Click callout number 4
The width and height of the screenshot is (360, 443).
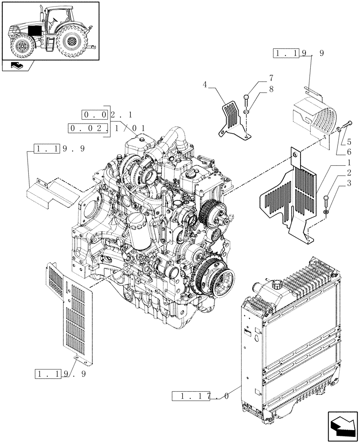205,84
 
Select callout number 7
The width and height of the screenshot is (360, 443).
270,78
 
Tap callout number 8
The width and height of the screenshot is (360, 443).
270,89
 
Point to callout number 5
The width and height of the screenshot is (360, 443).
349,142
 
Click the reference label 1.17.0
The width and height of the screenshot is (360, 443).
200,396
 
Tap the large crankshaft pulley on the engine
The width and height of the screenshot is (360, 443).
217,279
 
